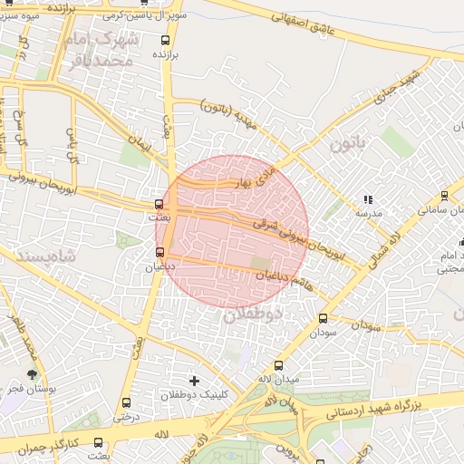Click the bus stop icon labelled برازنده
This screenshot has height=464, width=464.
165,40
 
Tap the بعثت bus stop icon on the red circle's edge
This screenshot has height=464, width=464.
159,205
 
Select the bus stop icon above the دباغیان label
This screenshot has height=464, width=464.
160,252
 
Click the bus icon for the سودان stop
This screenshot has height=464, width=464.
323,318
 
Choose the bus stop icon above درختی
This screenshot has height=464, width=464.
126,402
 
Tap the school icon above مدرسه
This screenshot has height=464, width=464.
367,198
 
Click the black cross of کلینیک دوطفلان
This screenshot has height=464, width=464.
193,380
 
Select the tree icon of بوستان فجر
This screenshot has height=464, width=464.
33,373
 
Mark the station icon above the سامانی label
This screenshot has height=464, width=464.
444,195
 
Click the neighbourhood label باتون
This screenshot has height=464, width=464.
349,143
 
